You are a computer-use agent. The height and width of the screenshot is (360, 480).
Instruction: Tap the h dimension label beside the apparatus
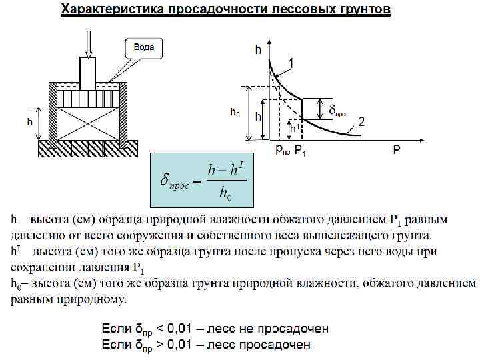(30, 122)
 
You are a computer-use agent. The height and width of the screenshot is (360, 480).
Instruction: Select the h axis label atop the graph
(258, 49)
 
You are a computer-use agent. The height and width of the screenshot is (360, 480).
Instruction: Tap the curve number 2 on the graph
(361, 121)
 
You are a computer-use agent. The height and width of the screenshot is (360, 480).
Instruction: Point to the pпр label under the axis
(283, 151)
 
